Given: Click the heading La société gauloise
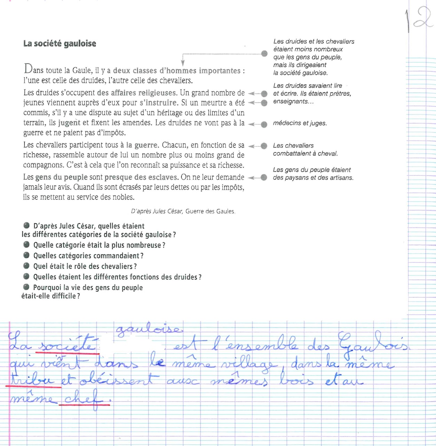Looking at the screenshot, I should coord(60,44).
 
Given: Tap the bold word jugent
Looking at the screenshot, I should coord(69,123).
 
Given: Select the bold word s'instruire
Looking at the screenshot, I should coord(158,103).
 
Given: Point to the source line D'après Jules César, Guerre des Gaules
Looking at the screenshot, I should coord(183,211).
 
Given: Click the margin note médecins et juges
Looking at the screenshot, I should coord(300,123).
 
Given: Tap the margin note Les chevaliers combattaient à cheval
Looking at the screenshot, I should coord(305,149).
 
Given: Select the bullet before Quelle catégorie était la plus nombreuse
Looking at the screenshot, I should coord(26,245).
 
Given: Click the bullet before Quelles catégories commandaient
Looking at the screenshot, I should coord(26,255).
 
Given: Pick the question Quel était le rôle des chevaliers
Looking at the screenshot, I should coord(85,267).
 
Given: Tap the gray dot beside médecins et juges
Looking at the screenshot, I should coord(264,124).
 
